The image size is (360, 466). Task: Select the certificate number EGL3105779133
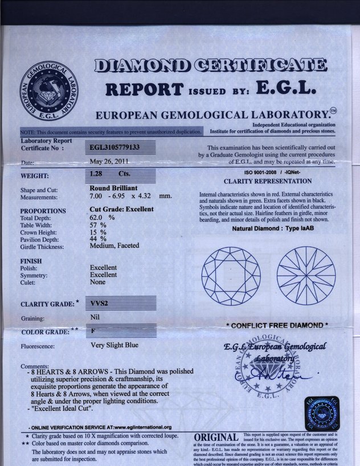click(x=116, y=146)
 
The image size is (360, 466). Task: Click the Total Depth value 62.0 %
click(x=103, y=217)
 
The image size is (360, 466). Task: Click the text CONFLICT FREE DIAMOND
click(x=277, y=325)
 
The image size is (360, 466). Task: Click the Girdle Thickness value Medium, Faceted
click(x=117, y=247)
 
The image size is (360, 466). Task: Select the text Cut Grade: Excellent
click(x=121, y=210)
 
